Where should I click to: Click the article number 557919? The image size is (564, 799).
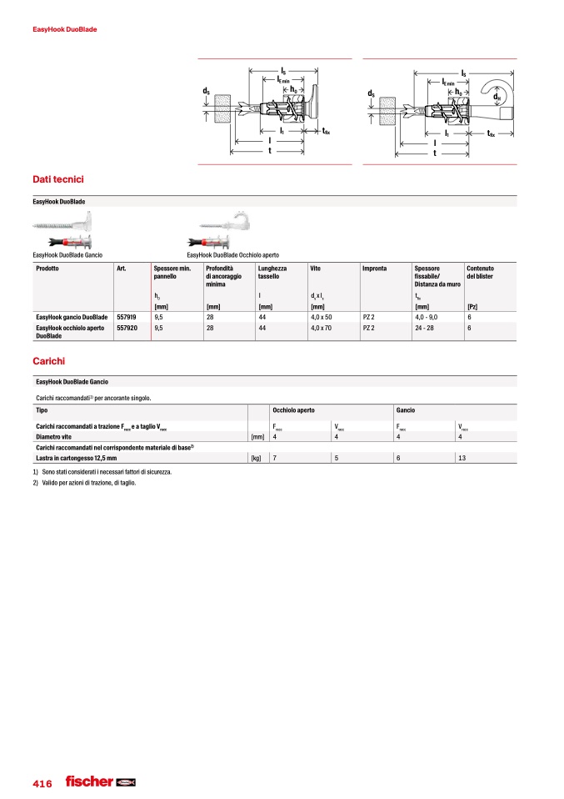tap(127, 318)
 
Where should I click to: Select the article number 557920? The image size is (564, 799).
tap(127, 329)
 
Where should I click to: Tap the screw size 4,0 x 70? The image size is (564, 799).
tap(321, 329)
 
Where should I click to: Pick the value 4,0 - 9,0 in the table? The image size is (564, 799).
tap(427, 318)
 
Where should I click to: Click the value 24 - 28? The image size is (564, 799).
tap(425, 329)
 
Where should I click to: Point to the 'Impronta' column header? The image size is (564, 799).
tap(375, 269)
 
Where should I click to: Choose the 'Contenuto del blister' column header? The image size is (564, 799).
tap(481, 272)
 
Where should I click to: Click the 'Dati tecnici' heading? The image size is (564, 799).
tap(57, 179)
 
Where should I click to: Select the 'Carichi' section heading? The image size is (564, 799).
tap(48, 362)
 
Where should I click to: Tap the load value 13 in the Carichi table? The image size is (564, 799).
tap(462, 458)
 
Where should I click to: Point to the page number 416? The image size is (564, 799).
tap(42, 783)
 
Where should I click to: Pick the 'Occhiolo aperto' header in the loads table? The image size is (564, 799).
tap(293, 411)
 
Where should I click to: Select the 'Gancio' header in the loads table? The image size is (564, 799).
tap(406, 411)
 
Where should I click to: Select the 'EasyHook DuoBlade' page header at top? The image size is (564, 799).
tap(65, 29)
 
